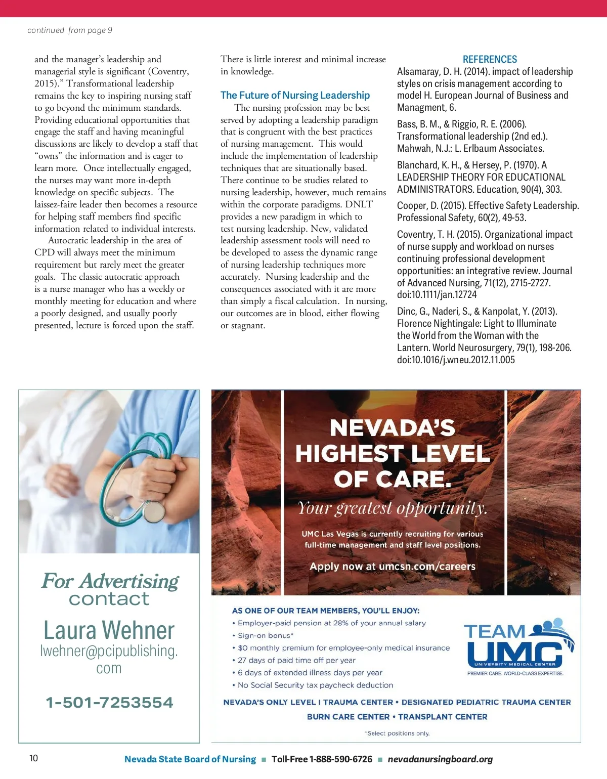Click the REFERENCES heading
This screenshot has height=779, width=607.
490,59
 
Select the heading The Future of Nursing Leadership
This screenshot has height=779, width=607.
295,95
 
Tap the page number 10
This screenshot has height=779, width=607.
33,758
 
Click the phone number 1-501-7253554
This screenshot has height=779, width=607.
109,703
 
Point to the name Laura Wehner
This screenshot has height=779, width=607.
109,630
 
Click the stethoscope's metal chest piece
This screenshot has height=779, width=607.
154,512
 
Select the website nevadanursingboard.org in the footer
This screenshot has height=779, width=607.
440,759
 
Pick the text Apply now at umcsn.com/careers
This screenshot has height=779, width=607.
393,567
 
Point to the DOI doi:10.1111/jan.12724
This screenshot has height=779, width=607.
437,294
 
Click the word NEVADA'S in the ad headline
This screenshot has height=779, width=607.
393,428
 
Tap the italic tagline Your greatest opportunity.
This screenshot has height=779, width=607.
393,507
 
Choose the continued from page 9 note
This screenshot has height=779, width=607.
70,30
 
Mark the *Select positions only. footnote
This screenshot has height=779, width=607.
397,733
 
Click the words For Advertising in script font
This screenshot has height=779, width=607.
110,581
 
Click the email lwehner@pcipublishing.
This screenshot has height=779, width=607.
109,651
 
